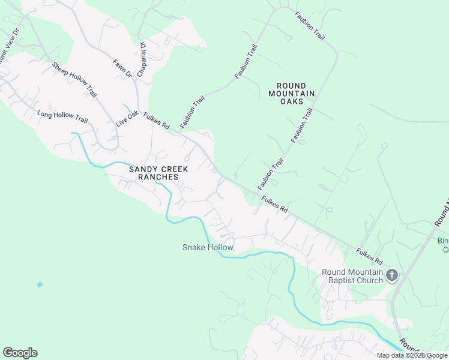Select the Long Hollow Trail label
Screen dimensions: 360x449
pyautogui.click(x=62, y=116)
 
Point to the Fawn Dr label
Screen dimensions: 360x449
pyautogui.click(x=122, y=68)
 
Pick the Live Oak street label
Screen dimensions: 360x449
pyautogui.click(x=127, y=118)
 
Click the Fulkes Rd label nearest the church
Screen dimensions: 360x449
pyautogui.click(x=369, y=256)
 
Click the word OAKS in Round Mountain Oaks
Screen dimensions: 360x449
pyautogui.click(x=291, y=101)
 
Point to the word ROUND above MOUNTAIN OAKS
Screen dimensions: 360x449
pyautogui.click(x=291, y=86)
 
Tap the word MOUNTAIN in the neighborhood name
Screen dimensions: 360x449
pyautogui.click(x=291, y=94)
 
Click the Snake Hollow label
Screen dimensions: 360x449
pyautogui.click(x=208, y=247)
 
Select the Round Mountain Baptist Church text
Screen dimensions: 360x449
pyautogui.click(x=352, y=276)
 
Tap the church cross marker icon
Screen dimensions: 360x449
pyautogui.click(x=392, y=276)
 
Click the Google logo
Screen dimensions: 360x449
pyautogui.click(x=20, y=353)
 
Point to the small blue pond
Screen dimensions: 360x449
pyautogui.click(x=40, y=284)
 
